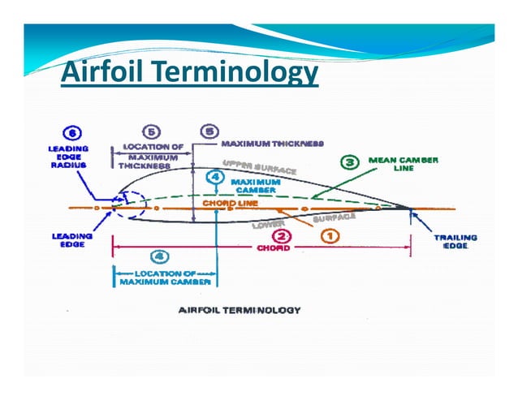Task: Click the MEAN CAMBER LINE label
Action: click(404, 165)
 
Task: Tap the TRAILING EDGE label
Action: click(455, 242)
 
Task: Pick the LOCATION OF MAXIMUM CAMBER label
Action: click(163, 278)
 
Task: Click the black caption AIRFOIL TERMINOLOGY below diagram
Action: click(239, 310)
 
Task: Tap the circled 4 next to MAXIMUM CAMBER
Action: click(214, 176)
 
